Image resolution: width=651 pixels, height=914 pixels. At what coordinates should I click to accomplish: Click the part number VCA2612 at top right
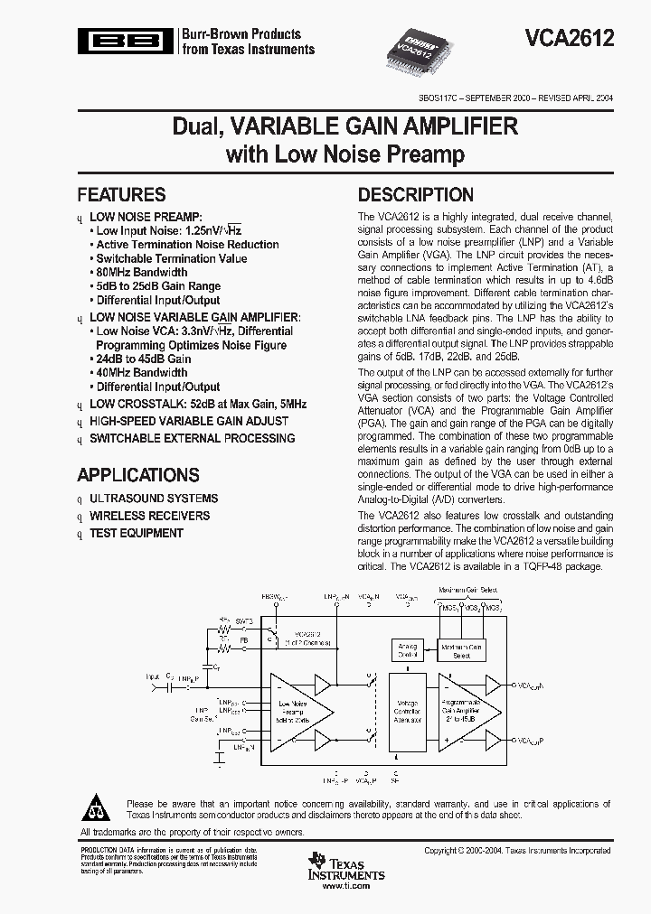[x=570, y=38]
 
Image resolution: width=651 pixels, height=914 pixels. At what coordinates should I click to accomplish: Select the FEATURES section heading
[x=121, y=195]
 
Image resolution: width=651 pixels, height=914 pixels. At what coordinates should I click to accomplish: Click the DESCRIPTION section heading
[x=415, y=195]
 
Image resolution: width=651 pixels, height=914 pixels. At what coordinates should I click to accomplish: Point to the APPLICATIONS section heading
[x=137, y=475]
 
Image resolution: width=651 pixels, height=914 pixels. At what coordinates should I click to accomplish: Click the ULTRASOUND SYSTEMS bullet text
[x=153, y=499]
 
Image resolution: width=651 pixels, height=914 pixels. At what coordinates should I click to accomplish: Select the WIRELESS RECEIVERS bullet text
[x=149, y=516]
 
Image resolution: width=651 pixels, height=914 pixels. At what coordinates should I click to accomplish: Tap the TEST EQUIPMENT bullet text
[x=136, y=533]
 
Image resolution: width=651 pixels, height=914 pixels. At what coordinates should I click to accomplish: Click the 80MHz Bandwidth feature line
[x=142, y=272]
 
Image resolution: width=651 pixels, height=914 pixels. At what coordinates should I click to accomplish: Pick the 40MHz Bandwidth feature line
[x=142, y=372]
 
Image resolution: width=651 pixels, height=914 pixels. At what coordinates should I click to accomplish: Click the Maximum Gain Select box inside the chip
[x=461, y=649]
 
